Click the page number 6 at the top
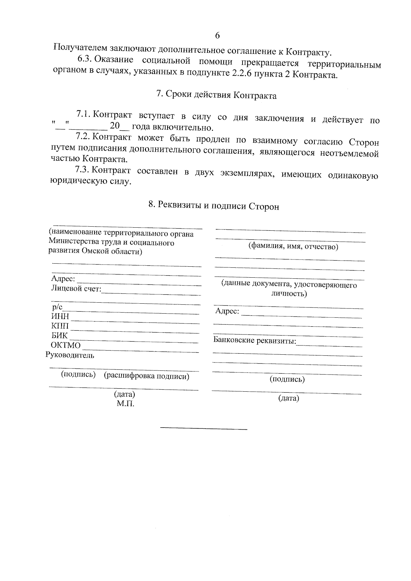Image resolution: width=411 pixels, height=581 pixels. (x=217, y=36)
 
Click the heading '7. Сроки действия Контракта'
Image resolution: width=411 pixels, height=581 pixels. (x=216, y=95)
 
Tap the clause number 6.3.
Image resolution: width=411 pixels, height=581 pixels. (x=84, y=59)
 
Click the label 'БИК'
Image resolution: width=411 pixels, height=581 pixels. (x=59, y=336)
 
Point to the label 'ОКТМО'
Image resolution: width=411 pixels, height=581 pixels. (x=65, y=345)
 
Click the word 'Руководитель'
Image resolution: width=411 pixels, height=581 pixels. (x=70, y=355)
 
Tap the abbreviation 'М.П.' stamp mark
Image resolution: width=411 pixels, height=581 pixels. (x=125, y=404)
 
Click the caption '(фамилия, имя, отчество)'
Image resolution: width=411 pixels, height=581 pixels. (x=293, y=247)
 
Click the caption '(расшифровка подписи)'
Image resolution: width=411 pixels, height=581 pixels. (x=147, y=376)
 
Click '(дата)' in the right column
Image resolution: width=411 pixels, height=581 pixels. (x=288, y=398)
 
